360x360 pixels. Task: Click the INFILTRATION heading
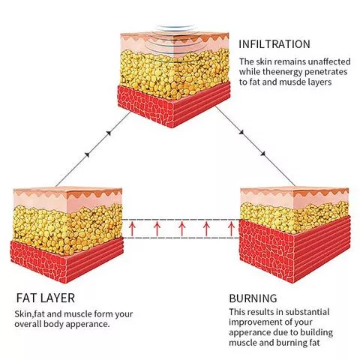tap(274, 44)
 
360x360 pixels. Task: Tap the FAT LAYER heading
tap(46, 298)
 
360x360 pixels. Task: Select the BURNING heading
tap(253, 298)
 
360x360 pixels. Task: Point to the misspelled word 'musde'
tap(293, 82)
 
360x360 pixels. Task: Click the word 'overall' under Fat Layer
tap(28, 324)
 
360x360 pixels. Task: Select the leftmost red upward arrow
tap(132, 229)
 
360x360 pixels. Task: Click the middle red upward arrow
tap(181, 229)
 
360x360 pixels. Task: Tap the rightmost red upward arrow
tap(231, 229)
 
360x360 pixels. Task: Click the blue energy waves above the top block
tap(175, 28)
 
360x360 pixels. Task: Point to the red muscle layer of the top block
tap(174, 105)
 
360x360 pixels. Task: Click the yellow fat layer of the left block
tap(67, 229)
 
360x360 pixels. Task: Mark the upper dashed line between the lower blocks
tap(181, 220)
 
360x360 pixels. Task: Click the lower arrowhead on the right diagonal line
tap(262, 154)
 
